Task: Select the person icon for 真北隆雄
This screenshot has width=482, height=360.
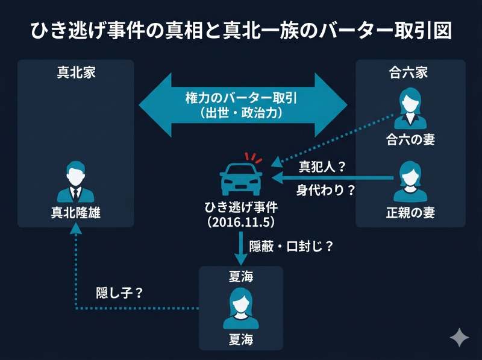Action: [x=75, y=182]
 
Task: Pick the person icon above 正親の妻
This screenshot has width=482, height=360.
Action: [x=410, y=182]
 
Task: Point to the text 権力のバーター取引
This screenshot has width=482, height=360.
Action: [x=242, y=97]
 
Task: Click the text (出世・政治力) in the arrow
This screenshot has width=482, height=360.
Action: [x=242, y=113]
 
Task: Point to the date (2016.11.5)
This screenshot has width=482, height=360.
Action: [x=240, y=221]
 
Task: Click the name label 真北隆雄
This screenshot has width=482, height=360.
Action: [x=76, y=212]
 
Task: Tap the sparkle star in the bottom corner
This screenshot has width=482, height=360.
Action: [x=459, y=337]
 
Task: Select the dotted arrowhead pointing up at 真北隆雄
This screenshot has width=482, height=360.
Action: [x=76, y=228]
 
